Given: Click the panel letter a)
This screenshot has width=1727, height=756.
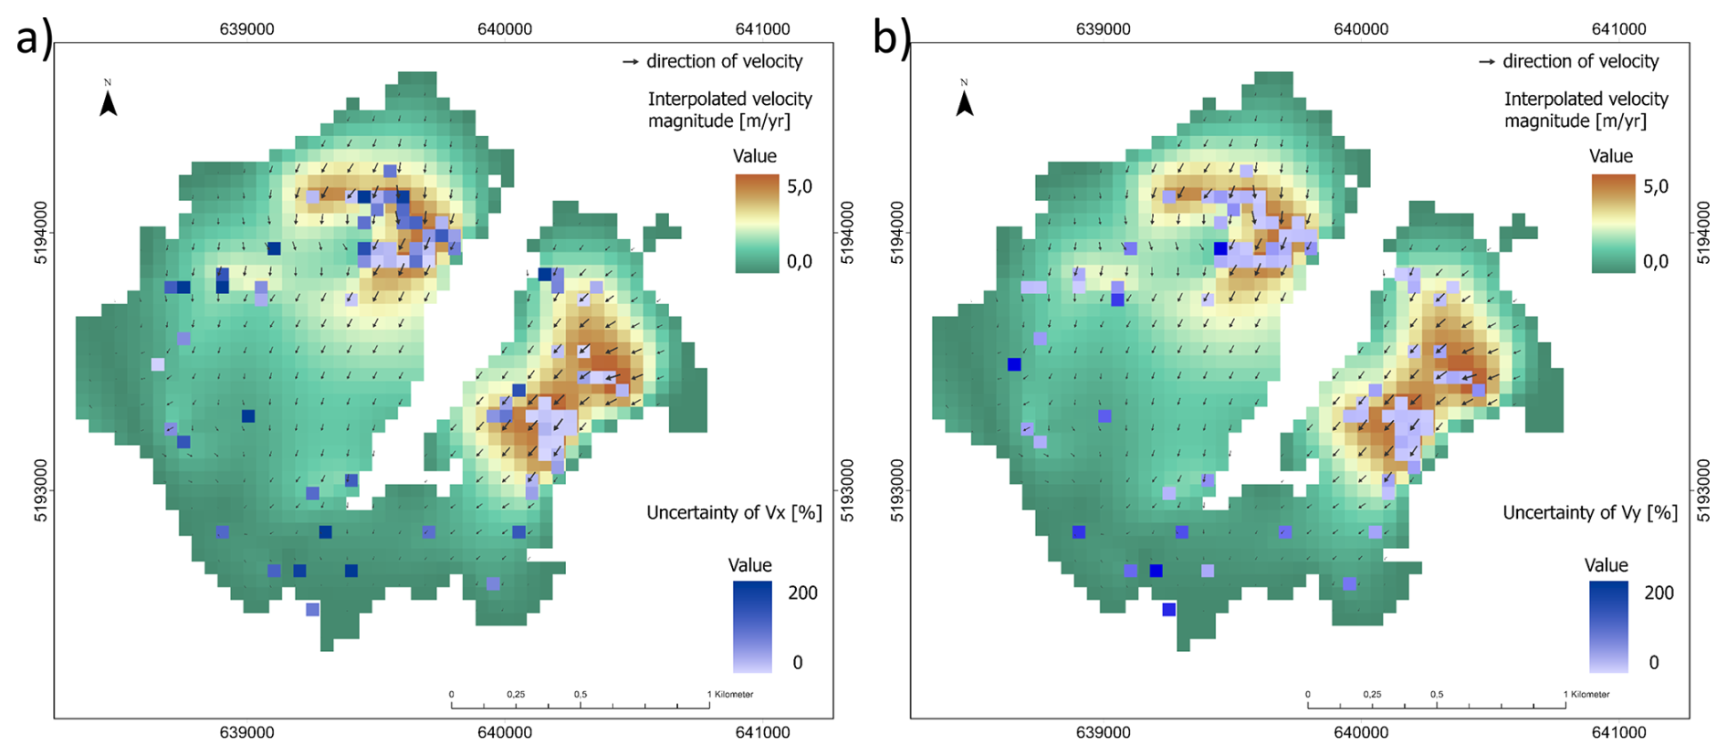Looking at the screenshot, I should pyautogui.click(x=34, y=38).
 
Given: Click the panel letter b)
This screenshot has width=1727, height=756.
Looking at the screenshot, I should pyautogui.click(x=891, y=38).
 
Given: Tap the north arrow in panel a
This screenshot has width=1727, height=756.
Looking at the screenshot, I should pyautogui.click(x=108, y=100).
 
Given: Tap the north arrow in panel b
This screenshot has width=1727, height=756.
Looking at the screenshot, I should pyautogui.click(x=964, y=100).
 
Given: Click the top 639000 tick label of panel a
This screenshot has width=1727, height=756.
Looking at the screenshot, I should pyautogui.click(x=246, y=29).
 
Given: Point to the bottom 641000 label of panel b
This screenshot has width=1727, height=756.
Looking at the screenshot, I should pyautogui.click(x=1618, y=732).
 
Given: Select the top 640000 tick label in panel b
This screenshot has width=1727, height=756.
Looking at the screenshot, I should pyautogui.click(x=1361, y=29).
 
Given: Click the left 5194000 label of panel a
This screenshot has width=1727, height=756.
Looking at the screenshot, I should pyautogui.click(x=41, y=233).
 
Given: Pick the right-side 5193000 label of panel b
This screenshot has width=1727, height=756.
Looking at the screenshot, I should pyautogui.click(x=1703, y=490).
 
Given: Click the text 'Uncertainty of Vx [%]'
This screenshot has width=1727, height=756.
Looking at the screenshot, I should pyautogui.click(x=734, y=513).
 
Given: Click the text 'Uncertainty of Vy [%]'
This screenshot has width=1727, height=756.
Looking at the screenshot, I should pyautogui.click(x=1590, y=513).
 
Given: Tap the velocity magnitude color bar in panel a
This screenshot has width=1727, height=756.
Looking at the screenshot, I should pyautogui.click(x=757, y=224).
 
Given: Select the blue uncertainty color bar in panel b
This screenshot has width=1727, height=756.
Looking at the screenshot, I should pyautogui.click(x=1608, y=627).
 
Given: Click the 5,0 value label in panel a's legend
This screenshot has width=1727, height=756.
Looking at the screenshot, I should pyautogui.click(x=800, y=187).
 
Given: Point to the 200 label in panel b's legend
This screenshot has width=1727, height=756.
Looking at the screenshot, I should pyautogui.click(x=1659, y=593).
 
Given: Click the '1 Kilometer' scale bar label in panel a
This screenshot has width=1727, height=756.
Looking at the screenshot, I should pyautogui.click(x=731, y=695).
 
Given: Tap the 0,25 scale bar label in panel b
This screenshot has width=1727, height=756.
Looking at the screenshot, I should pyautogui.click(x=1372, y=695).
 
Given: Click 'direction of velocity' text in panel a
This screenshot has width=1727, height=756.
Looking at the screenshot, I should pyautogui.click(x=724, y=62).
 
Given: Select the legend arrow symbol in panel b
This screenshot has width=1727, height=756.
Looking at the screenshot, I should pyautogui.click(x=1487, y=62).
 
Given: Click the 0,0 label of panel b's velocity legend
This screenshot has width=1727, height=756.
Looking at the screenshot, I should pyautogui.click(x=1656, y=262).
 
